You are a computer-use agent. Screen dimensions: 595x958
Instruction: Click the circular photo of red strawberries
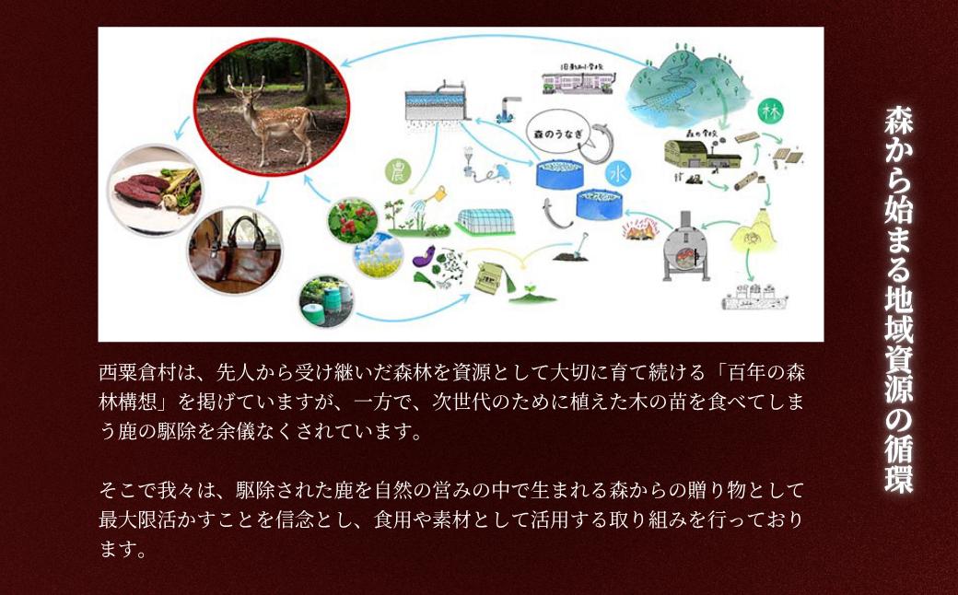[x=353, y=220]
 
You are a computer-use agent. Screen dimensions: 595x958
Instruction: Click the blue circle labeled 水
[x=616, y=172]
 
